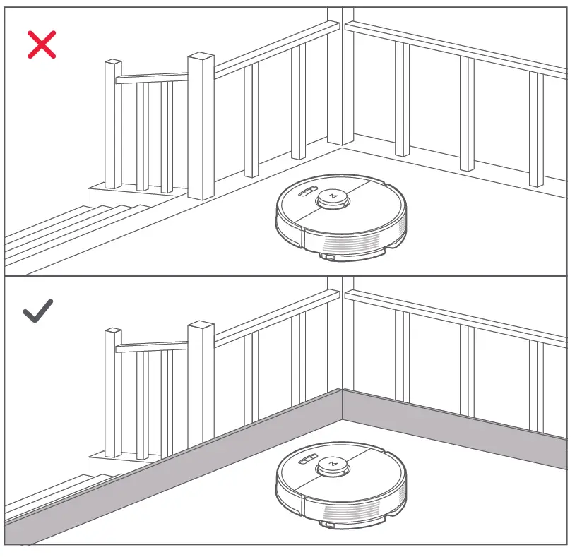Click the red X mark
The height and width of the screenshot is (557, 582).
(x=42, y=44)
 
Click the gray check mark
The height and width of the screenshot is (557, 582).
(x=38, y=311)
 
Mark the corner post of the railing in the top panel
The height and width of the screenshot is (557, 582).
(x=340, y=78)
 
